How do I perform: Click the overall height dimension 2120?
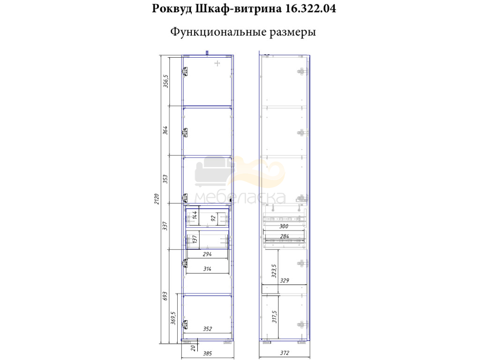click(x=157, y=199)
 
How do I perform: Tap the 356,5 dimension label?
click(x=165, y=81)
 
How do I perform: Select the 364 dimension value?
click(x=165, y=130)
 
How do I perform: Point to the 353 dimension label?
click(x=165, y=179)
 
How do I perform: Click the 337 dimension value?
click(x=165, y=226)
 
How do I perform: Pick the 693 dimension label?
click(x=165, y=296)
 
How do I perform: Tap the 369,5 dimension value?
click(x=173, y=318)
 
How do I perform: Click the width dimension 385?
click(x=207, y=353)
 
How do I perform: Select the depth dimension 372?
click(x=285, y=353)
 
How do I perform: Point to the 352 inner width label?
click(x=207, y=329)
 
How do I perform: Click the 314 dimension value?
click(x=207, y=269)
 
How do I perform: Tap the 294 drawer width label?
click(x=207, y=254)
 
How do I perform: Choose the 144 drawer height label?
click(x=194, y=216)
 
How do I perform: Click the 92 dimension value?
click(x=213, y=218)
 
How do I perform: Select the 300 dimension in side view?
click(x=284, y=226)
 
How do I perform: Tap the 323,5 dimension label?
click(x=274, y=271)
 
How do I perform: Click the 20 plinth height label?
click(x=193, y=348)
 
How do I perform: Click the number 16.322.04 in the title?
click(x=310, y=8)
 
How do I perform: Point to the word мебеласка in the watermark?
click(x=240, y=198)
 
